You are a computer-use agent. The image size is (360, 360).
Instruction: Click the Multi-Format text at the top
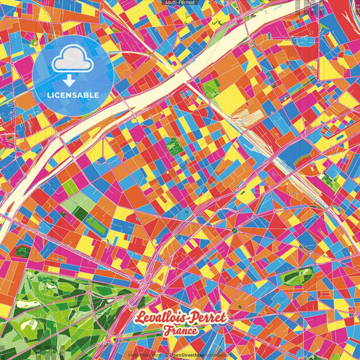pos(180,3)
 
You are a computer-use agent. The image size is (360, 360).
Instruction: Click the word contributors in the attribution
pos(219,354)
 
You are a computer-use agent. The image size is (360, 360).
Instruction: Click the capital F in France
pos(166,331)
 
